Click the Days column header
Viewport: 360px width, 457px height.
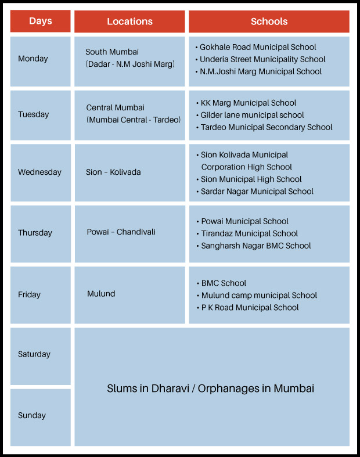tap(40, 21)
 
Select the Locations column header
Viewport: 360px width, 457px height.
tap(129, 21)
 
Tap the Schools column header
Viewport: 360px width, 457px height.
tap(269, 21)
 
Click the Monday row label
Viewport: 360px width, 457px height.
tap(33, 59)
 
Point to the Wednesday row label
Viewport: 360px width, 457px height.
tap(39, 172)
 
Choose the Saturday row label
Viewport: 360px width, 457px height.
tap(34, 354)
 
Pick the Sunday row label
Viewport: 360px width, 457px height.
tap(32, 415)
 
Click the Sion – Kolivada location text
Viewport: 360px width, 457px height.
tap(113, 172)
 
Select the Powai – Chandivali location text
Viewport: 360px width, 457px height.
tap(121, 232)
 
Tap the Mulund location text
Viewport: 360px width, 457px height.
tap(101, 294)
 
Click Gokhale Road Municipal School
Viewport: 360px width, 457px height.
tap(258, 47)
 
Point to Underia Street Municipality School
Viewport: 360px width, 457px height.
tap(262, 59)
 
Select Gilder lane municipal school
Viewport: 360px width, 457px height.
tap(252, 115)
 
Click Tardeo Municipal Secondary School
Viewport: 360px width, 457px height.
tap(267, 127)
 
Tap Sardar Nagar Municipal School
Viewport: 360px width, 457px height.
tap(257, 191)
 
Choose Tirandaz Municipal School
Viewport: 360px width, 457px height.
tap(249, 233)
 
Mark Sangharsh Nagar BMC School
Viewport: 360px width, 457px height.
tap(256, 246)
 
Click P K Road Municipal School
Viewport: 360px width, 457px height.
tap(250, 307)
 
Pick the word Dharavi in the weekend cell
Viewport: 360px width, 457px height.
tap(171, 388)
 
